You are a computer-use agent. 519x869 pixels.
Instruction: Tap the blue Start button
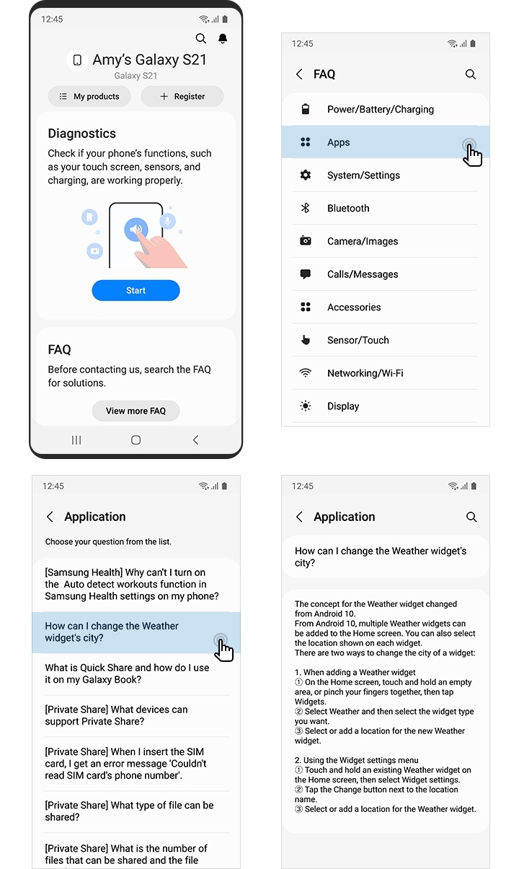[x=136, y=290]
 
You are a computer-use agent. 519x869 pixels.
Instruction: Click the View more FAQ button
[x=136, y=411]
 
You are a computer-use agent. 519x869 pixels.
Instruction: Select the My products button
[x=89, y=96]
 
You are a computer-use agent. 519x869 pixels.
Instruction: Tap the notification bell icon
[x=223, y=38]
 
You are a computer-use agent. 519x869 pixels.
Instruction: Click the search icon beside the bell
[x=201, y=38]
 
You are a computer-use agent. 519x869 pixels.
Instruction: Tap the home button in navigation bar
[x=136, y=440]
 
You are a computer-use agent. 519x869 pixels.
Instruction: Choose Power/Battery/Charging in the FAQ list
[x=380, y=110]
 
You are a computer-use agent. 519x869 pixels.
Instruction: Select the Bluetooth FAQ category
[x=348, y=209]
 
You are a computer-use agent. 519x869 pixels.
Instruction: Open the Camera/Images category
[x=363, y=242]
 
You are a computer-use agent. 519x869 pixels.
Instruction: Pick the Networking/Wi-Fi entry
[x=365, y=373]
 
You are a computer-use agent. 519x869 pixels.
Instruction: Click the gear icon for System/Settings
[x=306, y=175]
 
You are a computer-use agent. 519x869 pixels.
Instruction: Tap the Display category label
[x=343, y=406]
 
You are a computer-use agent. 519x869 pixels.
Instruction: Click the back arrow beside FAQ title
[x=299, y=74]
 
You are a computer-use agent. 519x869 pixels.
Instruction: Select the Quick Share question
[x=127, y=673]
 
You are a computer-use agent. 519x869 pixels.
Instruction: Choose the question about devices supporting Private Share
[x=115, y=715]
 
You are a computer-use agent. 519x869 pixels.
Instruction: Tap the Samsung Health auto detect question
[x=132, y=584]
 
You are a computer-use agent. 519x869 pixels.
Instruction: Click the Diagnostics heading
[x=81, y=134]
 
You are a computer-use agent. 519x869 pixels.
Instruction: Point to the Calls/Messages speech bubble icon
[x=306, y=274]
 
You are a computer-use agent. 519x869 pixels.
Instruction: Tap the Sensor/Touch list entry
[x=358, y=341]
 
